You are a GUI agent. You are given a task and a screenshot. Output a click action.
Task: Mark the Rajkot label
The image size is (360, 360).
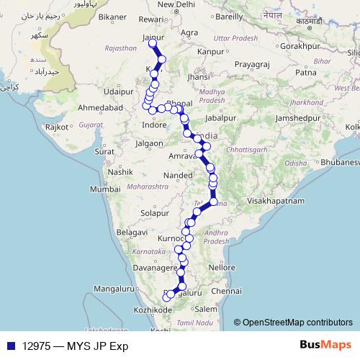click(x=57, y=127)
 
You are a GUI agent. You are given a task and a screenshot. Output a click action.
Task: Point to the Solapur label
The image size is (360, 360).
click(x=155, y=214)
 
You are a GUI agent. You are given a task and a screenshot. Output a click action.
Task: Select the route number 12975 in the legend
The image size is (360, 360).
click(x=36, y=345)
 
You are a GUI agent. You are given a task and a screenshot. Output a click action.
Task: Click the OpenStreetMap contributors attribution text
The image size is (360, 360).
click(x=297, y=322)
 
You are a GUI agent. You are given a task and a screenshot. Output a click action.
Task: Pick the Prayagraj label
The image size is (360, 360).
click(x=251, y=64)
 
